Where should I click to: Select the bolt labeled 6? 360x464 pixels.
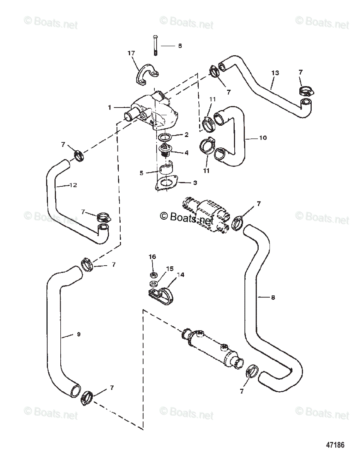click(x=155, y=44)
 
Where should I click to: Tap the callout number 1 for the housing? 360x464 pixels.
click(x=109, y=107)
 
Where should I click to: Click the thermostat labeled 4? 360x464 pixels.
click(x=167, y=150)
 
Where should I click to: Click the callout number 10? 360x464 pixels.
click(x=263, y=138)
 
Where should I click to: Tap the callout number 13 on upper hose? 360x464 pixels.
click(x=275, y=73)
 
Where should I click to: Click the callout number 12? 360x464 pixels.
click(x=73, y=185)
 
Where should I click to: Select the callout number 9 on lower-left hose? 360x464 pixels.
click(x=78, y=334)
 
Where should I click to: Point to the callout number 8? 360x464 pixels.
click(x=273, y=297)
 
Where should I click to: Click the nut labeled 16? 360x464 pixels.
click(x=153, y=275)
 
